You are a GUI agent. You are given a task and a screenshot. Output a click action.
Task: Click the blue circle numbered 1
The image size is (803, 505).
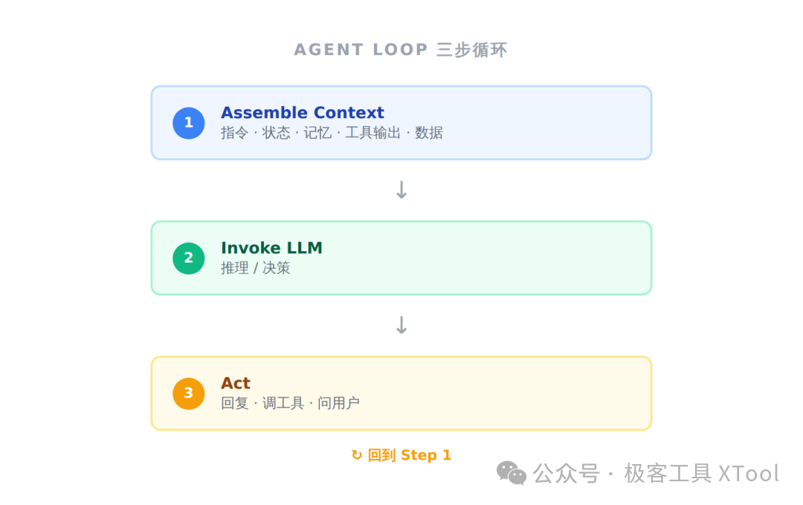188,123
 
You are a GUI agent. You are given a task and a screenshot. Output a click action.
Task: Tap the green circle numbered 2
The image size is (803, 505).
188,258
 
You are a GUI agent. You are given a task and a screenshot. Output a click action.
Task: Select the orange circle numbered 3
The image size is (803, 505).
188,394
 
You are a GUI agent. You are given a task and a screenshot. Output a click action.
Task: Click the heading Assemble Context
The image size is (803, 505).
302,113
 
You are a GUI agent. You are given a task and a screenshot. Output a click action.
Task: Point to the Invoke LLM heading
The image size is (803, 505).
271,247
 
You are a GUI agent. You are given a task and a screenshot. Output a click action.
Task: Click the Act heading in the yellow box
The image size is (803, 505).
236,383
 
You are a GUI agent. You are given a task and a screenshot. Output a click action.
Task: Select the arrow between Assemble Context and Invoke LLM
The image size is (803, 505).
401,189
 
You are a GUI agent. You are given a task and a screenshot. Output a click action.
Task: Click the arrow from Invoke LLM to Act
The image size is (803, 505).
401,325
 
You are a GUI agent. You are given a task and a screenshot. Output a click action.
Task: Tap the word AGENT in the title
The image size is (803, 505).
329,50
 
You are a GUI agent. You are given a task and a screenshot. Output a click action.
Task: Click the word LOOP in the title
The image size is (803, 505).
400,50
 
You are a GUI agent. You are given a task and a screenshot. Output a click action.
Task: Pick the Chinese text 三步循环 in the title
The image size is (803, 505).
471,50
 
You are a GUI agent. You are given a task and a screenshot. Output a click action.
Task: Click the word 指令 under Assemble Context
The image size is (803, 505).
234,133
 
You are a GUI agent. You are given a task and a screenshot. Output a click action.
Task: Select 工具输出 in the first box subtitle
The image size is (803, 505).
373,133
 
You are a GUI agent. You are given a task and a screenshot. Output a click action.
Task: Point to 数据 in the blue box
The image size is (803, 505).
429,133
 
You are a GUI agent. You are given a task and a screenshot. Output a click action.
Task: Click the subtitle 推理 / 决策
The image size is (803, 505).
256,268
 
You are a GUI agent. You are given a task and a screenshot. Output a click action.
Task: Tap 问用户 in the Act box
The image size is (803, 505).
338,403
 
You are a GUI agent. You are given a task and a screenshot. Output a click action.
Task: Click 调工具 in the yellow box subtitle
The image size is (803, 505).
283,403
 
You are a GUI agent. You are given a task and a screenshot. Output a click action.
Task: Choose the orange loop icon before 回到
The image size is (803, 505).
356,454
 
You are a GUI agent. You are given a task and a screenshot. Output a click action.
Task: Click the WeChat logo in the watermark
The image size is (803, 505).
511,473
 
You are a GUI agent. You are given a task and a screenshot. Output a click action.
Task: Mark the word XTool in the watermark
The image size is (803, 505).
749,474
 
